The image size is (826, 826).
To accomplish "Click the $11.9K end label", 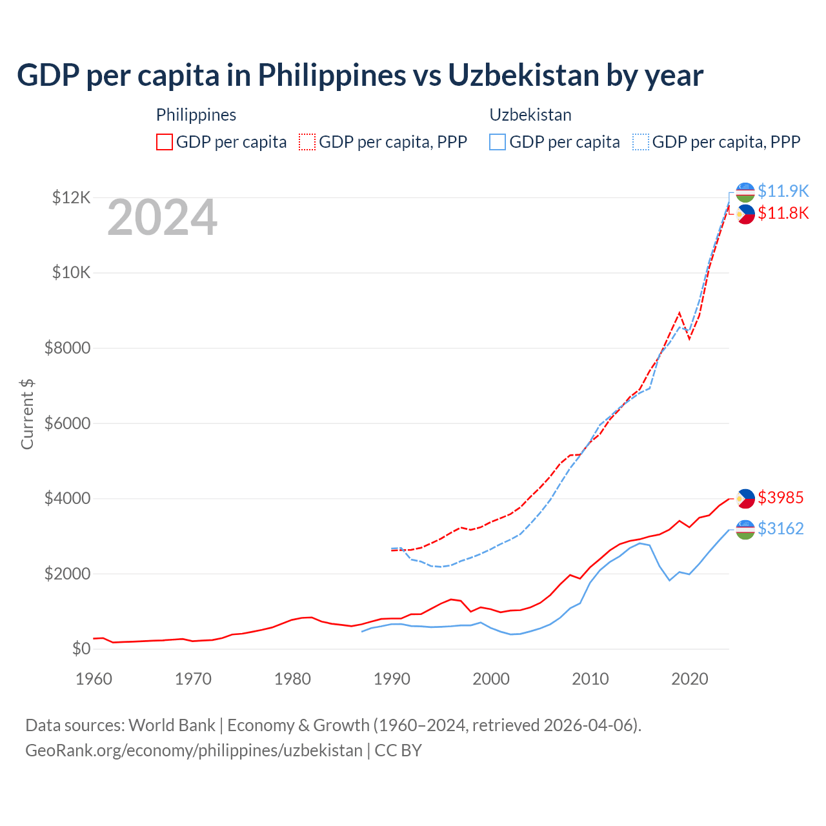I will point(783,191).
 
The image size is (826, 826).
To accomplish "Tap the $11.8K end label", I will point(783,213).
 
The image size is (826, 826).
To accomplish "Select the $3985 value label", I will point(780,498).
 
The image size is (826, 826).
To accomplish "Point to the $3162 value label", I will point(780,529).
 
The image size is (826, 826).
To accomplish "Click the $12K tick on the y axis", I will point(72,197).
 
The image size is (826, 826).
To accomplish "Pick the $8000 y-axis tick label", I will point(67,348).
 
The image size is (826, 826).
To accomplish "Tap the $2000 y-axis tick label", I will point(67,574).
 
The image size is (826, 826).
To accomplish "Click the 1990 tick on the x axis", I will point(392,679).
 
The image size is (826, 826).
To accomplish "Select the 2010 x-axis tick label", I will point(590,679).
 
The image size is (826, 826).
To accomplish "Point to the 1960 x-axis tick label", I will point(94,679).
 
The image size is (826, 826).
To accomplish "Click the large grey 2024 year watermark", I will point(162,217).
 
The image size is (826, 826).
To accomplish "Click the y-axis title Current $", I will point(27,414).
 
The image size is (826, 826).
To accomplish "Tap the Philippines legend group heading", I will point(196,115).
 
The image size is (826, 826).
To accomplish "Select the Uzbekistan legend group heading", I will point(530,115).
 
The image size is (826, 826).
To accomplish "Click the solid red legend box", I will point(165,142).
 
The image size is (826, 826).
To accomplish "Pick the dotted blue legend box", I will point(641,142).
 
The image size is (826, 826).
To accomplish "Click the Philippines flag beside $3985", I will point(745,498).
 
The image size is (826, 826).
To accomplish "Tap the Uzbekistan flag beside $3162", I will point(745,529).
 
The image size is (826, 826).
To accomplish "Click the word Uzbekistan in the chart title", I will point(523,76).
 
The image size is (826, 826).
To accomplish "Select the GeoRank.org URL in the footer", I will point(194,750).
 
